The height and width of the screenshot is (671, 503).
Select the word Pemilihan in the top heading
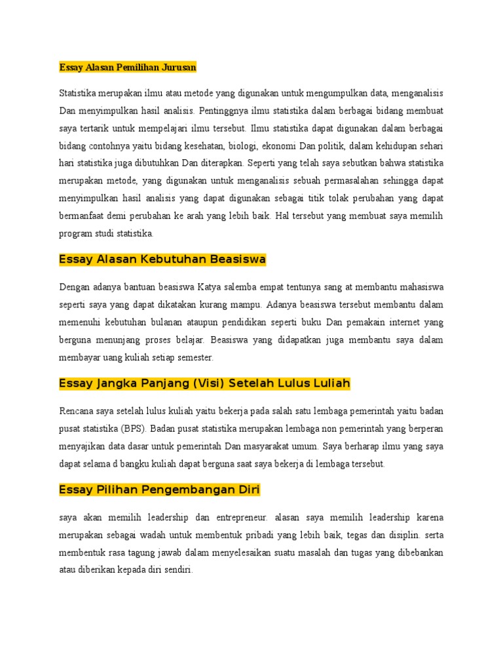(x=130, y=67)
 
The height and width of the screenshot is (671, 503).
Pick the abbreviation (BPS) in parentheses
(x=134, y=429)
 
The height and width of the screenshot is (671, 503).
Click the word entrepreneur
(x=240, y=517)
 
